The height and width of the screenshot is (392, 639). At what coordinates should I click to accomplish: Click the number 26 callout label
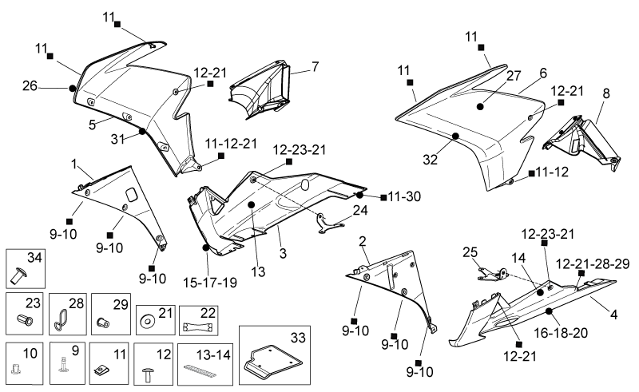click(x=30, y=86)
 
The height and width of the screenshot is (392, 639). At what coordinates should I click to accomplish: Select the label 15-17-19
click(x=210, y=283)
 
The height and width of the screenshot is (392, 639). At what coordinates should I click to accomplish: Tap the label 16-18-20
click(x=561, y=333)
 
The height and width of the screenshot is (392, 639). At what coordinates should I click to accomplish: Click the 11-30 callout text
click(x=404, y=197)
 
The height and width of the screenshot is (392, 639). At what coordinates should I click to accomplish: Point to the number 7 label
click(x=315, y=66)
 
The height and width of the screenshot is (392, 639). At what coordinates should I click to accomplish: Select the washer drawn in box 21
click(x=146, y=322)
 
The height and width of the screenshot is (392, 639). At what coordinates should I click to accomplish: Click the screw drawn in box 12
click(x=148, y=374)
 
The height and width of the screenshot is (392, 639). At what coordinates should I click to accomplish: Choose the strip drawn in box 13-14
click(x=203, y=369)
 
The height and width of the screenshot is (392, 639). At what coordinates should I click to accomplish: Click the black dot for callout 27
click(x=480, y=106)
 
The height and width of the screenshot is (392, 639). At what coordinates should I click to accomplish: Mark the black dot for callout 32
click(x=455, y=136)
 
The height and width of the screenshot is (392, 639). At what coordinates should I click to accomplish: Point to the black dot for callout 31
click(x=142, y=131)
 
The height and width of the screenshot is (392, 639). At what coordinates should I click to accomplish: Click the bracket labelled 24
click(x=329, y=224)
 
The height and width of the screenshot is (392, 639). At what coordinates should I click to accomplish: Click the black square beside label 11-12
click(x=531, y=173)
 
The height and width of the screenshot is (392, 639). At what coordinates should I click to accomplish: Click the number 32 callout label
click(x=430, y=160)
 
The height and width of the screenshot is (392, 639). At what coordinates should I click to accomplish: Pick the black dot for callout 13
click(x=251, y=204)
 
